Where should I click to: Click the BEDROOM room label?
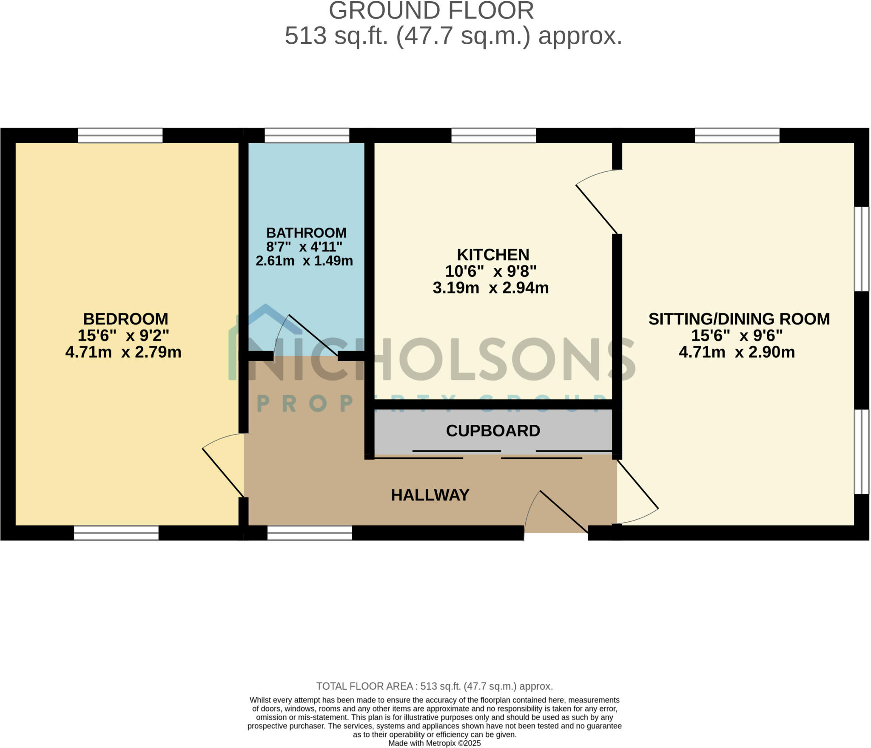[x=125, y=319]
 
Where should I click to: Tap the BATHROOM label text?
[x=306, y=233]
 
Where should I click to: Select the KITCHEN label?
[x=493, y=255]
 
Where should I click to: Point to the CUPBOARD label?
[x=493, y=431]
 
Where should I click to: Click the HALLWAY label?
[x=430, y=495]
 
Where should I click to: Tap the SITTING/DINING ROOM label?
[x=739, y=319]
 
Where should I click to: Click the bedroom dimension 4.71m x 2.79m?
[x=123, y=353]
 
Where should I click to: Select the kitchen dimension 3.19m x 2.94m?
[x=491, y=288]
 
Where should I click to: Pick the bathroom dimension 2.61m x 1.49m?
[x=304, y=261]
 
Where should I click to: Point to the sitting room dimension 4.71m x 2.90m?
[x=737, y=353]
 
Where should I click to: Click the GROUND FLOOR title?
[x=431, y=11]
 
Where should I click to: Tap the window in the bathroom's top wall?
[x=307, y=136]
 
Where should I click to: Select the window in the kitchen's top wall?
[x=493, y=136]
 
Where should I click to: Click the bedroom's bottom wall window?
[x=116, y=533]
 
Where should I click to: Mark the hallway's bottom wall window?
[x=310, y=533]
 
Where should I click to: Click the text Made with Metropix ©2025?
[x=434, y=743]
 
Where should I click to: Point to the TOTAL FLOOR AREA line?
[x=434, y=686]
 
